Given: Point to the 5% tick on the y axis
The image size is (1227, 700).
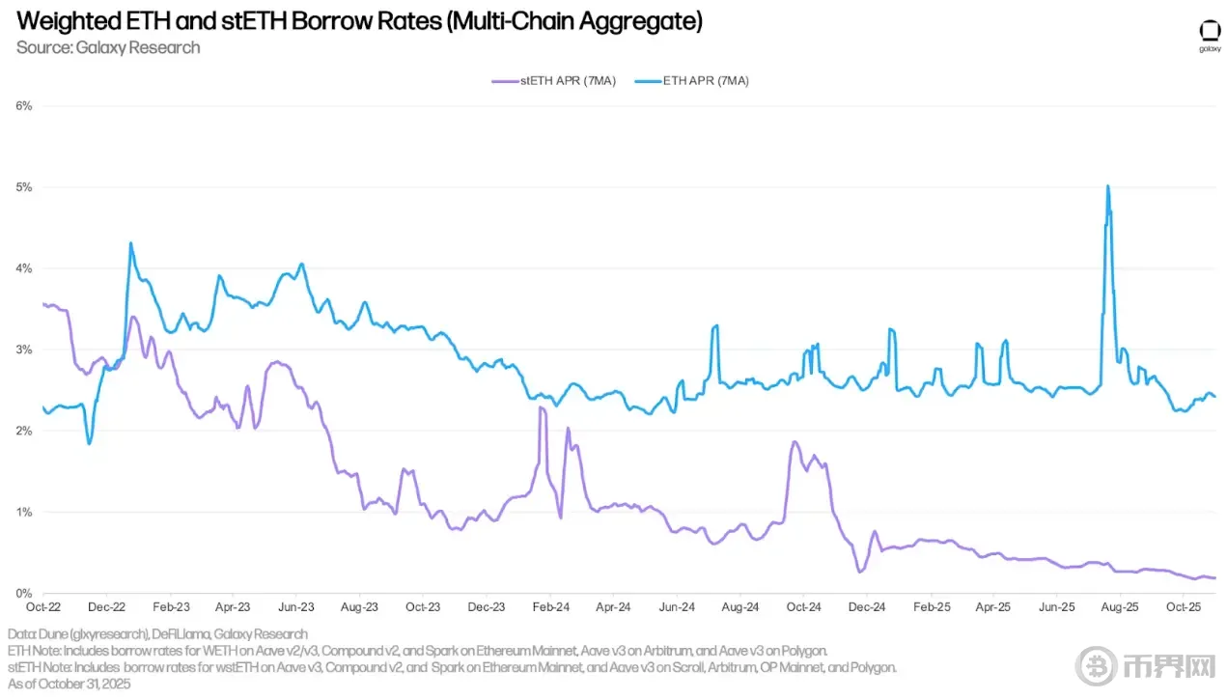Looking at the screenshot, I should click(23, 187).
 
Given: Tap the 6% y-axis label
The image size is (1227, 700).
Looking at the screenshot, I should click(23, 106).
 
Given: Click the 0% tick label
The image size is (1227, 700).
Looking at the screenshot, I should click(23, 593).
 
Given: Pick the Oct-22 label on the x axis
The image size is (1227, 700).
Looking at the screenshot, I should click(43, 608).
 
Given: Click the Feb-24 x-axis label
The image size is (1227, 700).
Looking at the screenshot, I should click(550, 608).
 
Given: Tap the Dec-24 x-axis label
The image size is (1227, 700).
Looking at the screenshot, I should click(867, 608).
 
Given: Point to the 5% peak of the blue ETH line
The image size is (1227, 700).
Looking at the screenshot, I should click(1107, 186).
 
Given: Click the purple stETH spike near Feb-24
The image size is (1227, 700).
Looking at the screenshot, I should click(542, 408).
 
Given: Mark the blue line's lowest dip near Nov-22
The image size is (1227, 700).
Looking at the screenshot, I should click(89, 443).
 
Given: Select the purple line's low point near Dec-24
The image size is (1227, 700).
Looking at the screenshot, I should click(859, 572).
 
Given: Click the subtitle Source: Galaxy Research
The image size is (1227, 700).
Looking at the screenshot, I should click(108, 47).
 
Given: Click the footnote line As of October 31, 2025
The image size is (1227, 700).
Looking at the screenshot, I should click(69, 684).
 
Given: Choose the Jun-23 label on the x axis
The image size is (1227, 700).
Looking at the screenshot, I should click(295, 608).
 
